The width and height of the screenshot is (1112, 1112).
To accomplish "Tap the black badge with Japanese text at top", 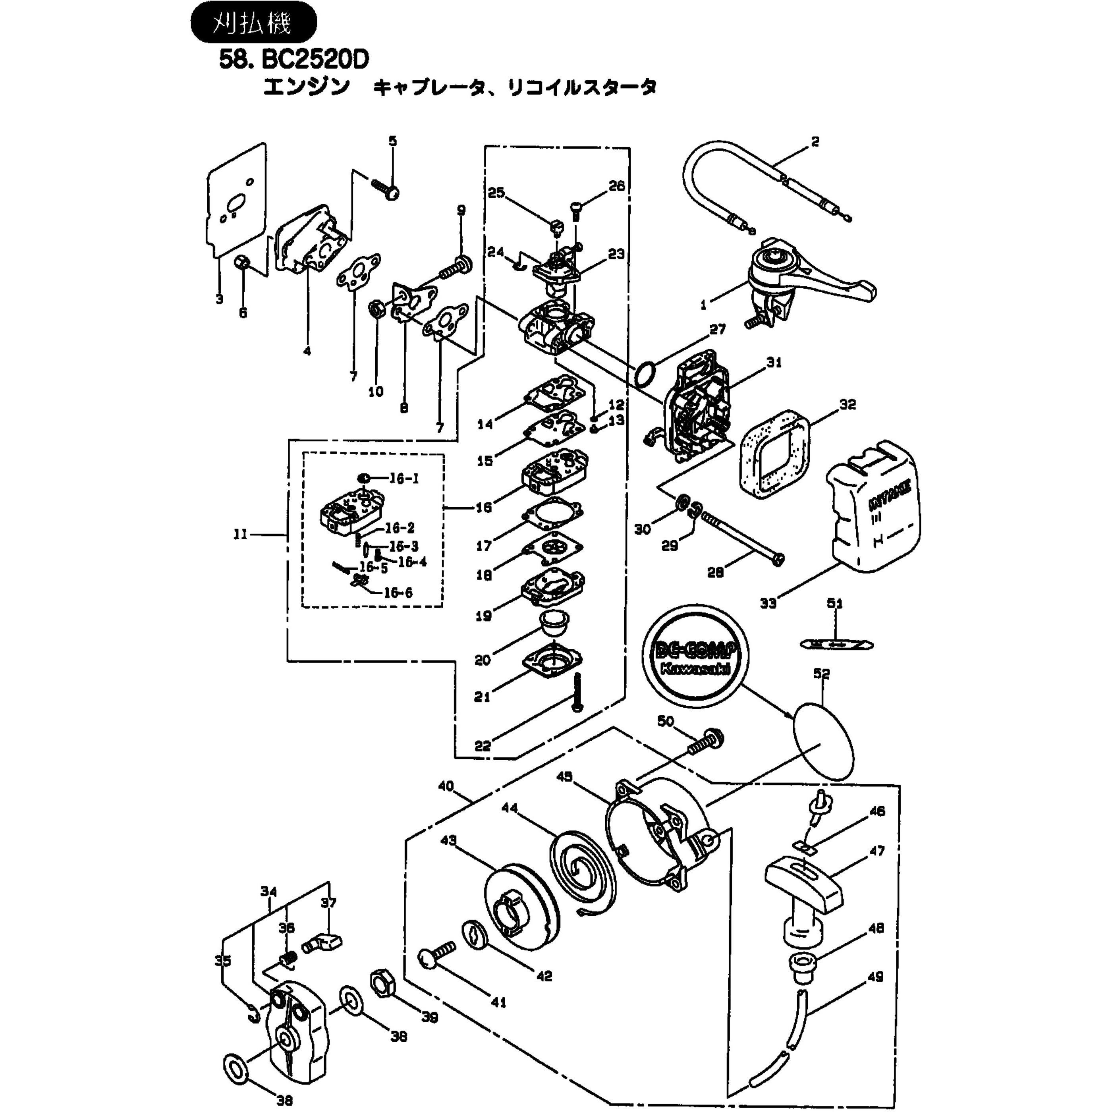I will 253,23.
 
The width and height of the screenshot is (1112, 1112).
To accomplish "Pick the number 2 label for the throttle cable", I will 815,141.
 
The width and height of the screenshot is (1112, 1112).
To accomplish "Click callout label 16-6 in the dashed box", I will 398,593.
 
